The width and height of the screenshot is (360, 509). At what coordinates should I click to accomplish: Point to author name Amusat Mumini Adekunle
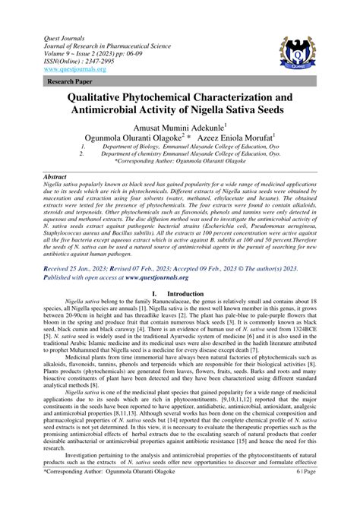click(178, 129)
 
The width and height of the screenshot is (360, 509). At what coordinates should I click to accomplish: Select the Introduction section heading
click(185, 292)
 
